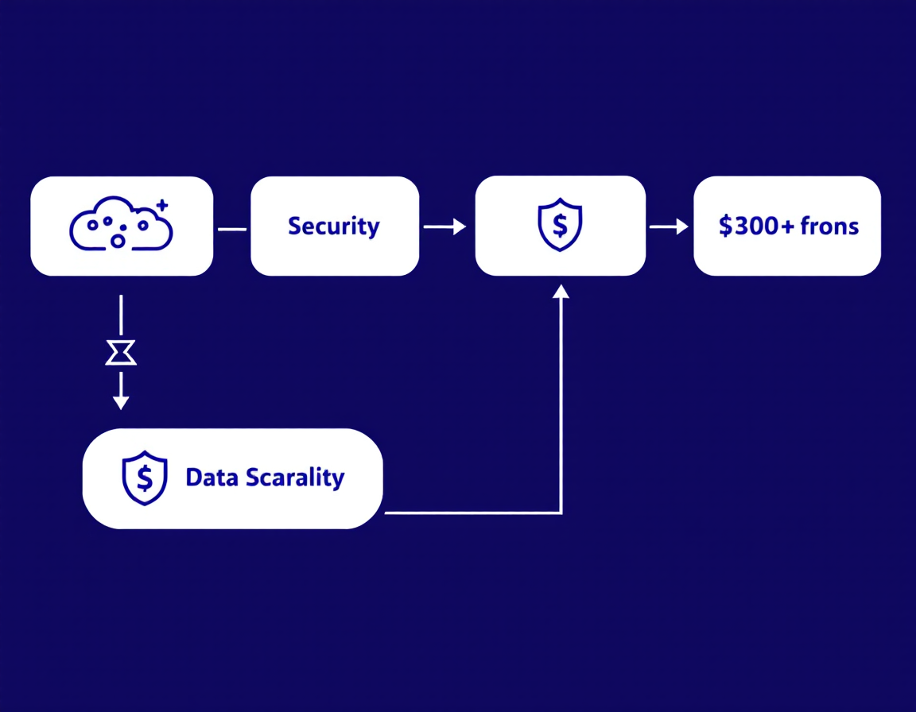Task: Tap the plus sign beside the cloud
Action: (x=163, y=205)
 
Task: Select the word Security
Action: (x=334, y=226)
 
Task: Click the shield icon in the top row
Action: (x=560, y=225)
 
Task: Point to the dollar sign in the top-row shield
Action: (x=560, y=226)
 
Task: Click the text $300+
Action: (x=755, y=226)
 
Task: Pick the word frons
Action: (x=829, y=226)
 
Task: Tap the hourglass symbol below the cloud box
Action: (x=121, y=352)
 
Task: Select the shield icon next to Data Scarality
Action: (x=144, y=478)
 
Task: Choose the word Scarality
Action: (x=294, y=478)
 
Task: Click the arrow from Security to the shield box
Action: (x=444, y=227)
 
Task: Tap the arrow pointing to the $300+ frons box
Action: (x=669, y=227)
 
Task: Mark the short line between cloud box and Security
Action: (x=232, y=229)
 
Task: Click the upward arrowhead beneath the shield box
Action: (x=561, y=292)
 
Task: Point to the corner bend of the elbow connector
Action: (x=561, y=513)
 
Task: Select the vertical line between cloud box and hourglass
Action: (x=121, y=315)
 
